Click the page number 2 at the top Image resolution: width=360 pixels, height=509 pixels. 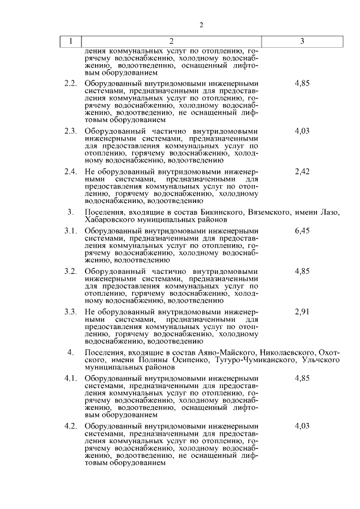pyautogui.click(x=201, y=25)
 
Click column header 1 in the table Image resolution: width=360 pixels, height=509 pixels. pyautogui.click(x=70, y=41)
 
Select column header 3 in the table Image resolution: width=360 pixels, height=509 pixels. pyautogui.click(x=302, y=41)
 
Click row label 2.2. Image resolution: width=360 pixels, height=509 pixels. pyautogui.click(x=70, y=83)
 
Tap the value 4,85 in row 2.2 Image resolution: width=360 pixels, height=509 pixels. pyautogui.click(x=302, y=83)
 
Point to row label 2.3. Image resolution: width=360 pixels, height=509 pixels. pyautogui.click(x=70, y=131)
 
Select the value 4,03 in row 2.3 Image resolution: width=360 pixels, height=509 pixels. pyautogui.click(x=302, y=131)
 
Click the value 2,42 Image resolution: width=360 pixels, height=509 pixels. pyautogui.click(x=302, y=172)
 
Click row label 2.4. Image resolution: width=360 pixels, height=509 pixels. pyautogui.click(x=70, y=172)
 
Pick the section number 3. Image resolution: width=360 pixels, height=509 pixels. pyautogui.click(x=70, y=212)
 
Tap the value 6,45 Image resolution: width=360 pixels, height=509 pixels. pyautogui.click(x=302, y=231)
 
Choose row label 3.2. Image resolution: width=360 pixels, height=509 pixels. pyautogui.click(x=70, y=271)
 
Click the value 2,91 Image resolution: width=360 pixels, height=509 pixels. pyautogui.click(x=302, y=312)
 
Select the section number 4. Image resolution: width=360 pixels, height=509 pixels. pyautogui.click(x=70, y=352)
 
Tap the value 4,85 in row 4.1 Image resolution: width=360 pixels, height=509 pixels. pyautogui.click(x=302, y=378)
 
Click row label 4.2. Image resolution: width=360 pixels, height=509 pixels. pyautogui.click(x=70, y=426)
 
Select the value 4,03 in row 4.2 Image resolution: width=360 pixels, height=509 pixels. pyautogui.click(x=302, y=426)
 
